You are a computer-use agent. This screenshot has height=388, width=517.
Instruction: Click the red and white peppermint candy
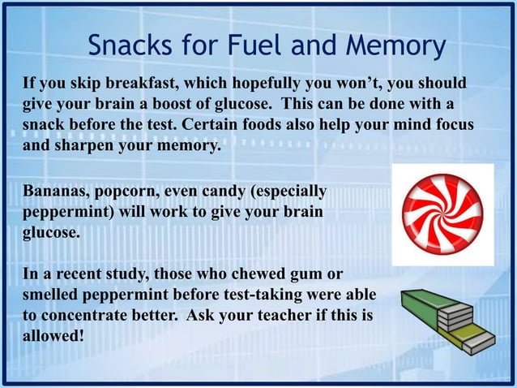pyautogui.click(x=442, y=213)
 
